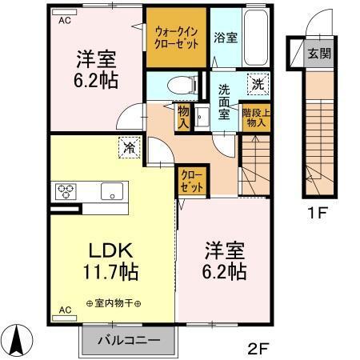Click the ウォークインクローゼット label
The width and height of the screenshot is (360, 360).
177,38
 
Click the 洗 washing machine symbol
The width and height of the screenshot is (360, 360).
256,82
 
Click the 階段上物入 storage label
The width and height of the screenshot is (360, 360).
257,118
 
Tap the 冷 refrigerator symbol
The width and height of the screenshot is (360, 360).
128,146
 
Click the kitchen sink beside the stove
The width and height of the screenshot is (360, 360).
111,192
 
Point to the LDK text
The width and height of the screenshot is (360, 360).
109,249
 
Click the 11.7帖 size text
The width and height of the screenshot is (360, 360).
110,271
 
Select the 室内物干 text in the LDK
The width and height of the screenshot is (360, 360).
112,304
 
